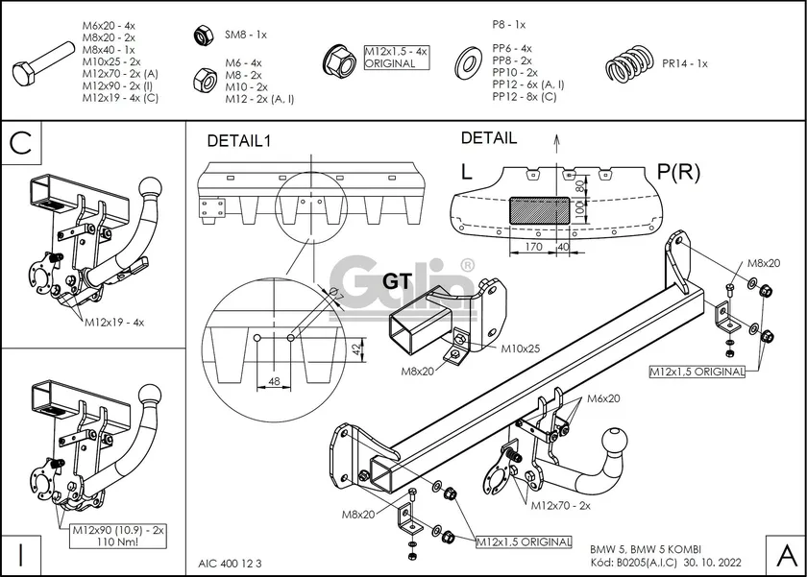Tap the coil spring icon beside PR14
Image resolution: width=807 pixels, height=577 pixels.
click(x=629, y=64)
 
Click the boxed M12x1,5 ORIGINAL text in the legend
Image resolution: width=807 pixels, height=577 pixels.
click(x=391, y=58)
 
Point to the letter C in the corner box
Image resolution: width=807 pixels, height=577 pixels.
click(x=23, y=143)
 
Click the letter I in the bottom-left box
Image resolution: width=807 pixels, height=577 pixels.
click(x=21, y=553)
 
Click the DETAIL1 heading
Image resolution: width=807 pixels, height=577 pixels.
click(x=240, y=141)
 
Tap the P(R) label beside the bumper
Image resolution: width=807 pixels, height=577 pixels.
click(x=680, y=172)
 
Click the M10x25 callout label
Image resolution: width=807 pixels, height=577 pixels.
click(x=520, y=349)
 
